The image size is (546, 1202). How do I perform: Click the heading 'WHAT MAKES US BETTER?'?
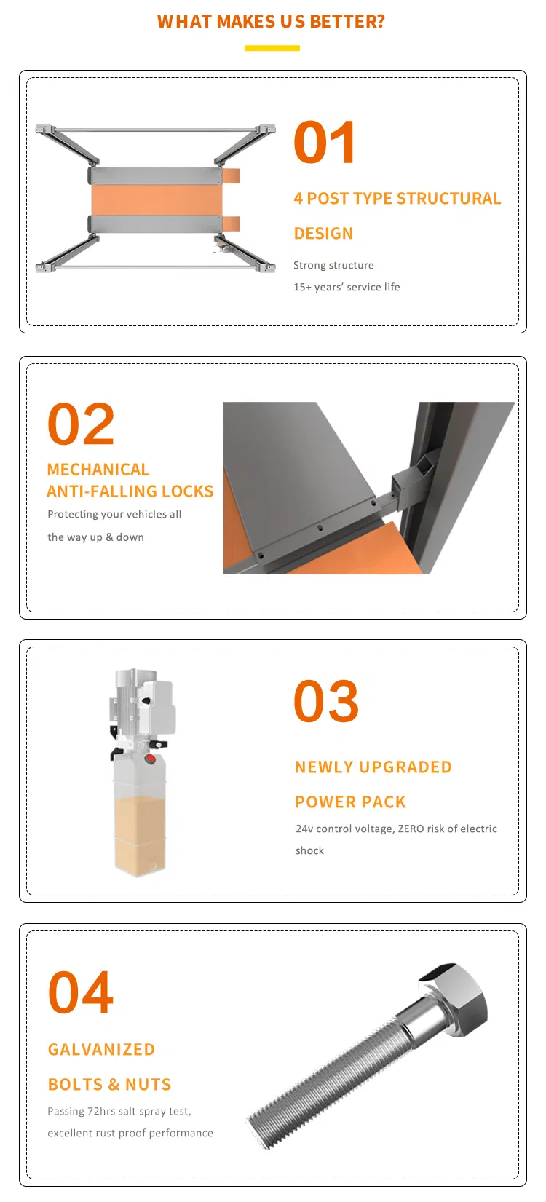[x=271, y=21]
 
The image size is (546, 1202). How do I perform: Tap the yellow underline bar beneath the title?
[x=272, y=48]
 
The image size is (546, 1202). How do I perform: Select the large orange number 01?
[x=325, y=142]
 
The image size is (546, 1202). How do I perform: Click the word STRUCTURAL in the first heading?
[x=449, y=199]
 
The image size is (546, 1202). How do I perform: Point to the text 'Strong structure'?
[x=333, y=265]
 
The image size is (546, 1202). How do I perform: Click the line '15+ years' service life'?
[x=347, y=287]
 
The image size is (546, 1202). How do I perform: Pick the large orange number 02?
[x=81, y=424]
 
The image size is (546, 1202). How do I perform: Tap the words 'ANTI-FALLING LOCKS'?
[x=130, y=491]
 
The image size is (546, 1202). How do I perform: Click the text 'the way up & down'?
[x=95, y=537]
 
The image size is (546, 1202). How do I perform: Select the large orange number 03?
[x=327, y=701]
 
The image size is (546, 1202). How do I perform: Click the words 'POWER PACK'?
[x=350, y=802]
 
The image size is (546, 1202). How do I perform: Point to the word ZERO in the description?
[x=411, y=829]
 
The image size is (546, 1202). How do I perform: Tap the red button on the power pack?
[x=151, y=759]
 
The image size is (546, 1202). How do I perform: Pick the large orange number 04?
[x=81, y=992]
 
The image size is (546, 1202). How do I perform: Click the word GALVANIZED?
[x=101, y=1049]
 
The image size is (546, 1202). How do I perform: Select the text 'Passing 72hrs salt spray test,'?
[x=119, y=1111]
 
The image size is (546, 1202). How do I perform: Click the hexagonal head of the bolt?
[x=455, y=995]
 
